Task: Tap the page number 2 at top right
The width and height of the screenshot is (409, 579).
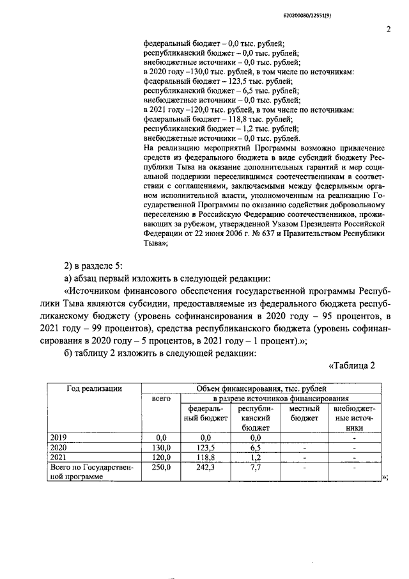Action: [388, 29]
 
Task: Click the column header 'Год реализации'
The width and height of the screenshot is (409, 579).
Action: [95, 388]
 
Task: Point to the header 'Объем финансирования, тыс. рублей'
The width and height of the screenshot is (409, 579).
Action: [261, 388]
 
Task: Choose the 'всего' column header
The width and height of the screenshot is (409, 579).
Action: [160, 399]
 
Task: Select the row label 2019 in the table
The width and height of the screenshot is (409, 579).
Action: [58, 438]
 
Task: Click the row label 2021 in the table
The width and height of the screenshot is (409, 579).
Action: [58, 457]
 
